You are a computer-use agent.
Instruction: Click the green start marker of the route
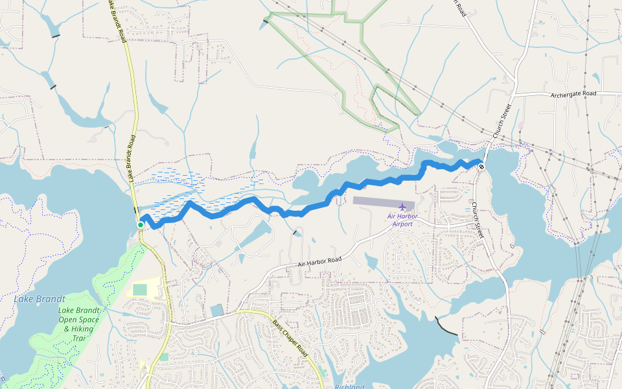(141, 225)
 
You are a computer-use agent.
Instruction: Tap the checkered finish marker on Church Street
(481, 166)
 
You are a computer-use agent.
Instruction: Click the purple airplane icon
(402, 207)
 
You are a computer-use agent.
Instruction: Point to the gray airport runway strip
(384, 201)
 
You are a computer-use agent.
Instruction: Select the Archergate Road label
(573, 93)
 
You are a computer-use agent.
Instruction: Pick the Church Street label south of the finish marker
(478, 219)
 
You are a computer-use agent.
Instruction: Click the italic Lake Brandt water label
(40, 299)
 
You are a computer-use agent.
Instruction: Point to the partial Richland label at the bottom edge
(349, 386)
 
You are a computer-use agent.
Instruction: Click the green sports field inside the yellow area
(140, 289)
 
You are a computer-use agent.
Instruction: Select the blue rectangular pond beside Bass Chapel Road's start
(216, 311)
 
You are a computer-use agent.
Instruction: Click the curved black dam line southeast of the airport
(447, 327)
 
